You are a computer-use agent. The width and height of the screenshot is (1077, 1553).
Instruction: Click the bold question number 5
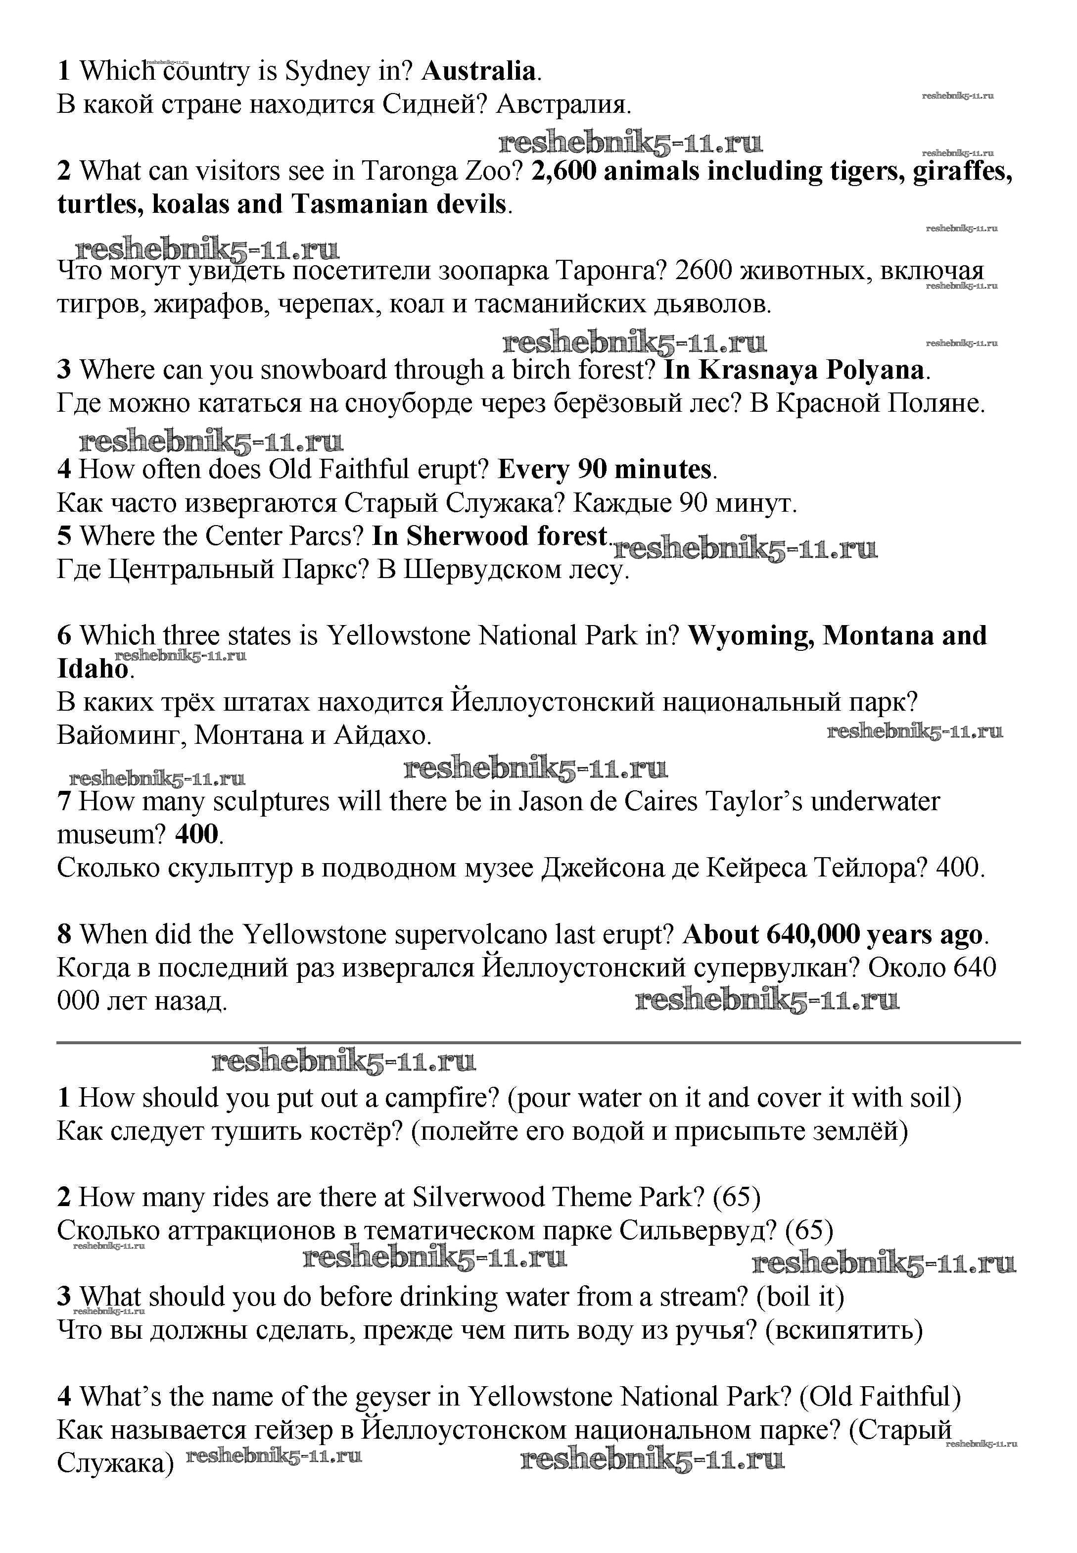(64, 536)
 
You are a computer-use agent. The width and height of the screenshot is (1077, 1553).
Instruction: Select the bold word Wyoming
(749, 636)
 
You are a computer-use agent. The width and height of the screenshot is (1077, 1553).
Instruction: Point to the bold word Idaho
(93, 669)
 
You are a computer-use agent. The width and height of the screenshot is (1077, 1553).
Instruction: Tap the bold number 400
(196, 835)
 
